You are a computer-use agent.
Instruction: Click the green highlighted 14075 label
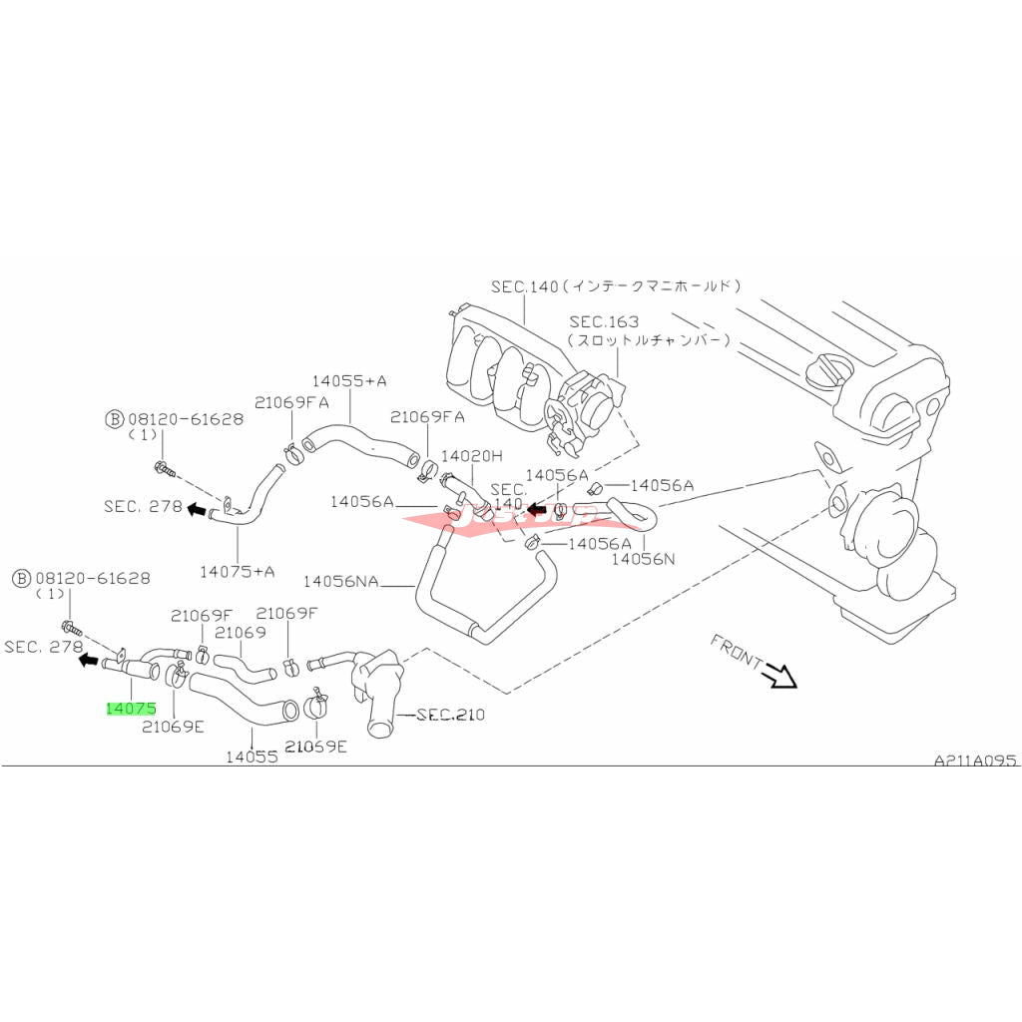pyautogui.click(x=131, y=709)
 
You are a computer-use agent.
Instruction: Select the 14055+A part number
pyautogui.click(x=349, y=380)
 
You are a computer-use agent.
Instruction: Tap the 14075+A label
pyautogui.click(x=237, y=571)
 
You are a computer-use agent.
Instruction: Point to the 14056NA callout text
pyautogui.click(x=341, y=580)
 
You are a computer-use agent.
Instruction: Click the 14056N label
pyautogui.click(x=643, y=559)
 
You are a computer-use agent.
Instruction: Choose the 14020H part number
pyautogui.click(x=472, y=455)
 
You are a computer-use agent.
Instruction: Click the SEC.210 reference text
pyautogui.click(x=449, y=715)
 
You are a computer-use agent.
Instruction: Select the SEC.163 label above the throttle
pyautogui.click(x=604, y=321)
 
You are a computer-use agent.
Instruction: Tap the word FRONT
pyautogui.click(x=736, y=652)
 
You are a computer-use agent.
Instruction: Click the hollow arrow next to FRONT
pyautogui.click(x=780, y=677)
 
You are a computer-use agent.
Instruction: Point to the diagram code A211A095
pyautogui.click(x=975, y=760)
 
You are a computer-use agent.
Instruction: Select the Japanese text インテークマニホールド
pyautogui.click(x=655, y=285)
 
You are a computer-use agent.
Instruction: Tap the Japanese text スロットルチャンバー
pyautogui.click(x=649, y=339)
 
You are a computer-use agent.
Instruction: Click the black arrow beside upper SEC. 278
pyautogui.click(x=197, y=508)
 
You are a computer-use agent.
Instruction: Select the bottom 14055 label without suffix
pyautogui.click(x=251, y=757)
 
